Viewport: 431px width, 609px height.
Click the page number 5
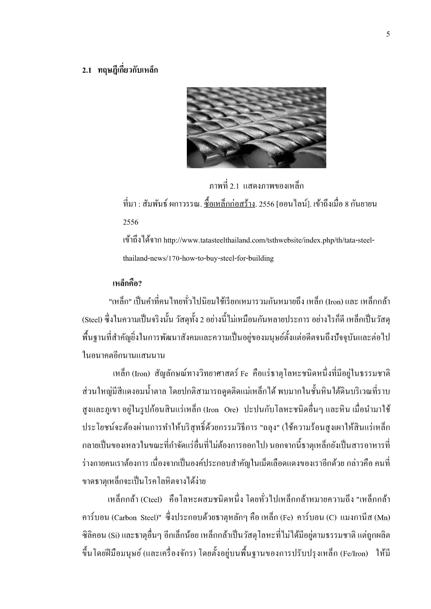click(x=388, y=34)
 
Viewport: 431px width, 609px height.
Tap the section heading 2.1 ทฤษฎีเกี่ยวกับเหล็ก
click(x=120, y=70)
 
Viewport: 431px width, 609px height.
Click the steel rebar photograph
click(x=256, y=128)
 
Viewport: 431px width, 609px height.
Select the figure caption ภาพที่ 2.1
click(x=256, y=186)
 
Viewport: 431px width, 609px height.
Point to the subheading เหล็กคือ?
click(x=127, y=284)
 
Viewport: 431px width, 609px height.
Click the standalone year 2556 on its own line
click(x=131, y=222)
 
